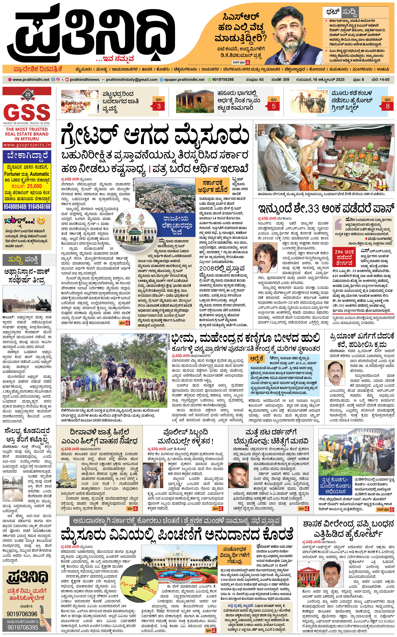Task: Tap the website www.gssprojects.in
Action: (27, 145)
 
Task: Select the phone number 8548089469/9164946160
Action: (27, 207)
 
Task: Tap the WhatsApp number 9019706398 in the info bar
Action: (223, 80)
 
